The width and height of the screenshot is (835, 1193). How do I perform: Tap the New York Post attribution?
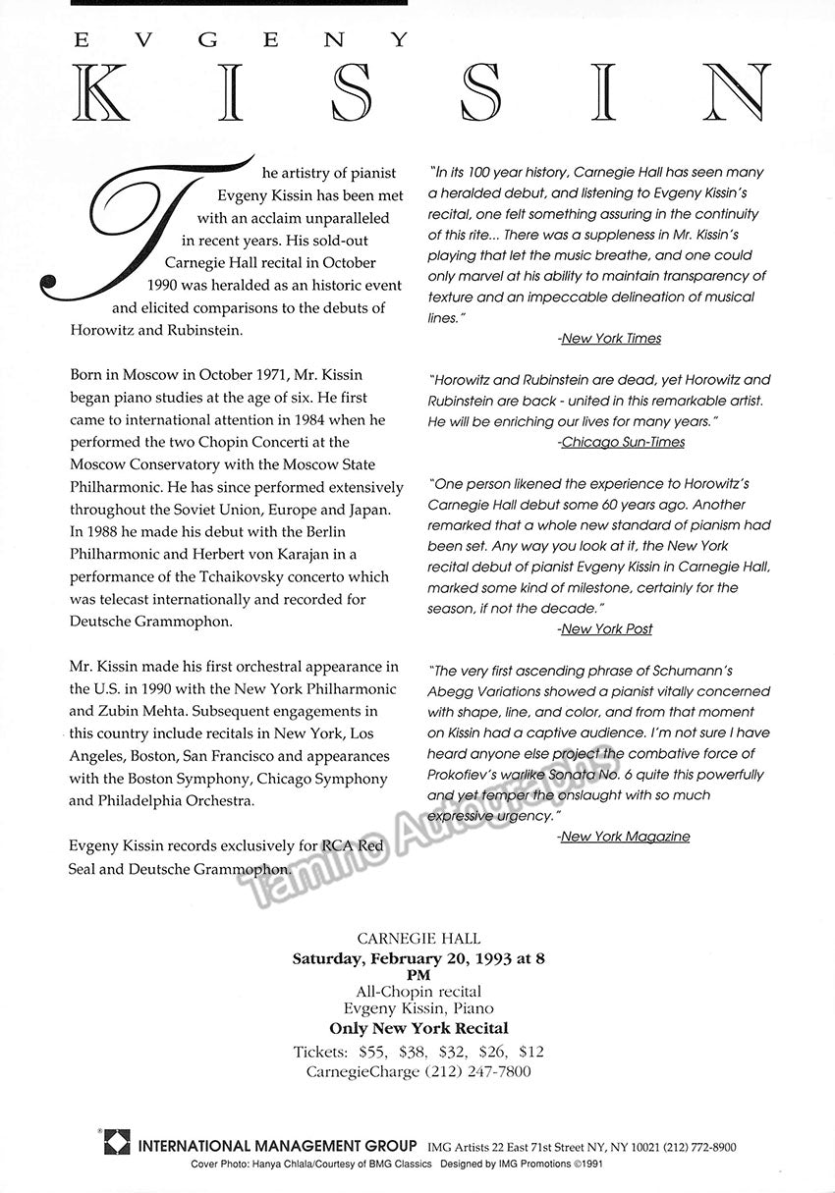coord(606,628)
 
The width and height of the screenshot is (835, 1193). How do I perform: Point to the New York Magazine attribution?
coord(625,837)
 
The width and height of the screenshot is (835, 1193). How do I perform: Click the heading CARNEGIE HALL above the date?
coord(418,939)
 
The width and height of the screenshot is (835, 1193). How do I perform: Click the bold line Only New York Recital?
coord(418,1029)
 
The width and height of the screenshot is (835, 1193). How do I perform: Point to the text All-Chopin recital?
coord(418,993)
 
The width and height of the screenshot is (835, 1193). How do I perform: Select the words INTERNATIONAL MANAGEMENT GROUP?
coord(278,1146)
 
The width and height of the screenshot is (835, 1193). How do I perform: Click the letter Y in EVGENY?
coord(398,40)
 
